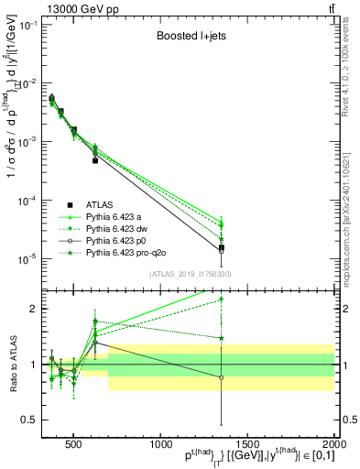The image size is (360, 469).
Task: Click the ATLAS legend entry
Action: (x=99, y=204)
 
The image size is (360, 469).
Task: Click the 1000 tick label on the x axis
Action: (x=160, y=443)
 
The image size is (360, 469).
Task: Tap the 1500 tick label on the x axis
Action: (x=247, y=443)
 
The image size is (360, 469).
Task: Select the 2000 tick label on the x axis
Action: (x=334, y=443)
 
